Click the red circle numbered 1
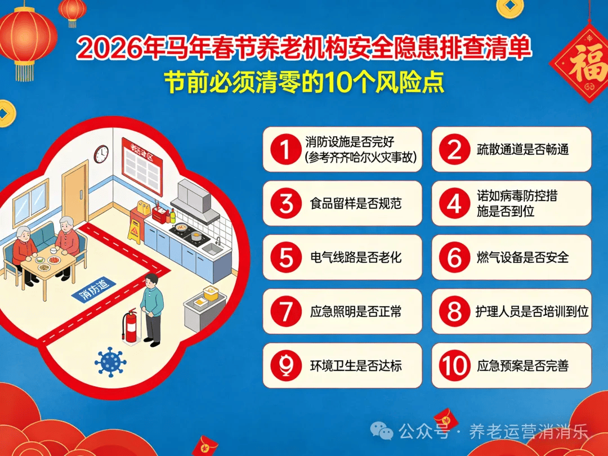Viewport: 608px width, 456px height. [x=286, y=149]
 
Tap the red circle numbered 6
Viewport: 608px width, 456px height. [x=454, y=257]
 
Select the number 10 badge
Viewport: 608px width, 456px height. [x=454, y=365]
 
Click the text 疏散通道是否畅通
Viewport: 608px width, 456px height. [x=522, y=149]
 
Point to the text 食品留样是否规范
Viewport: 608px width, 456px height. [x=356, y=203]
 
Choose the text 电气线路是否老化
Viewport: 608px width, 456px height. [x=356, y=257]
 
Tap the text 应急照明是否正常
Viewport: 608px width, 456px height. [x=356, y=311]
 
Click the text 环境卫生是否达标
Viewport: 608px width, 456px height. [x=356, y=365]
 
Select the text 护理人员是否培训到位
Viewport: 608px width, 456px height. [x=532, y=311]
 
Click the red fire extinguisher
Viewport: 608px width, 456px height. [x=130, y=325]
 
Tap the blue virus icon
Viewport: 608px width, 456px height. [x=110, y=362]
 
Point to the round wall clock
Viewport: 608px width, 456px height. [x=101, y=154]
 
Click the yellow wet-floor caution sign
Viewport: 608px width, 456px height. [x=135, y=231]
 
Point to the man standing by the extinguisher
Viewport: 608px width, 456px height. [x=151, y=310]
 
